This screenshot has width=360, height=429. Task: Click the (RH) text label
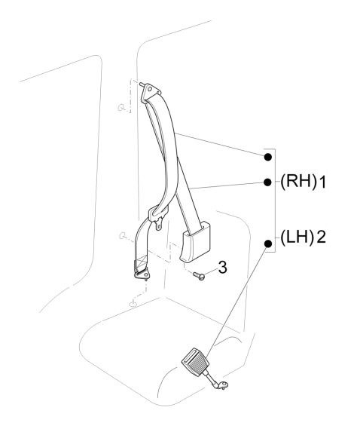click(x=298, y=182)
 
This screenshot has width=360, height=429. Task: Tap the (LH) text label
click(x=297, y=237)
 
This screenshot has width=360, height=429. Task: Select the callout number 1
click(x=322, y=182)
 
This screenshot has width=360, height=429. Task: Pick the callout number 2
click(x=321, y=237)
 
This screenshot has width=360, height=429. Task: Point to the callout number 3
click(x=223, y=267)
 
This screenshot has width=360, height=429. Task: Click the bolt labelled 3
click(x=199, y=276)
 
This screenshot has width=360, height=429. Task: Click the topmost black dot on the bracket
click(x=268, y=157)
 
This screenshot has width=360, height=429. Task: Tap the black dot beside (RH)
click(x=267, y=182)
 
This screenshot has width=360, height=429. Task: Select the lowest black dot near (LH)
click(x=268, y=244)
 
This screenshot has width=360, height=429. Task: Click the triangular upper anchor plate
click(x=150, y=92)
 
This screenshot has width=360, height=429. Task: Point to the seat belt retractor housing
click(x=196, y=243)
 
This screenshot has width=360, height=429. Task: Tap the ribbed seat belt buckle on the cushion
click(x=195, y=362)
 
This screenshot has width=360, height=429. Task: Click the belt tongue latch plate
click(x=157, y=216)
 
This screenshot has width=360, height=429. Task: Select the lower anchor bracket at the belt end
click(x=142, y=274)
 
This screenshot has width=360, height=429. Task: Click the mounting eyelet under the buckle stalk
click(x=224, y=385)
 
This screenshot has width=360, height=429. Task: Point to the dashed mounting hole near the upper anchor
click(x=121, y=108)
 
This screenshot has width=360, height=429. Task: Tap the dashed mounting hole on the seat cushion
click(x=133, y=304)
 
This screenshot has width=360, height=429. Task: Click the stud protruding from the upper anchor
click(x=142, y=84)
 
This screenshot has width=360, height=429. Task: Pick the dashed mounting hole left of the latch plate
click(x=123, y=235)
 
